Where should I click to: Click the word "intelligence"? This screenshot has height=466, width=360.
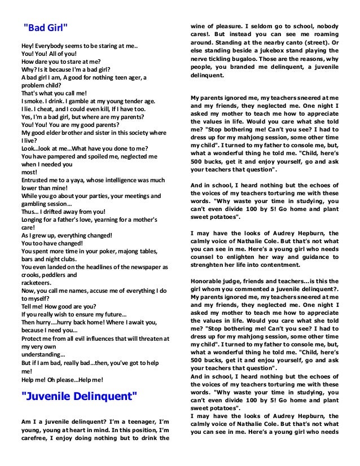click(117, 180)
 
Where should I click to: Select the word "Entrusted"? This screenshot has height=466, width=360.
click(36, 180)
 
